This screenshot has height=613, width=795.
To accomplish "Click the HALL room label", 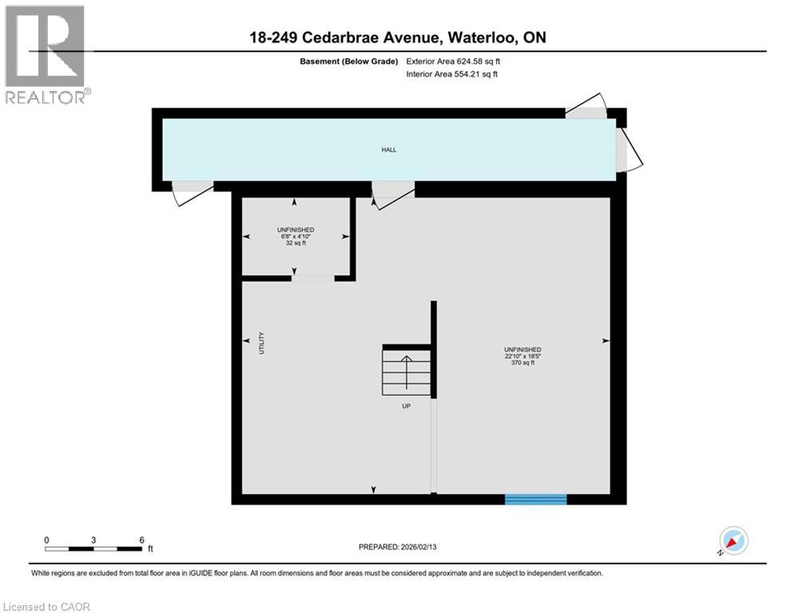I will [388, 149].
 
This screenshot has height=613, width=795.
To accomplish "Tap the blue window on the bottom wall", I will [535, 500].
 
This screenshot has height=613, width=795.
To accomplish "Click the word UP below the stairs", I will [407, 406].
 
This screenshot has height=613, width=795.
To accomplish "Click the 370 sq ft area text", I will [523, 363].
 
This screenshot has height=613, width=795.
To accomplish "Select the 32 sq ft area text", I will [296, 243].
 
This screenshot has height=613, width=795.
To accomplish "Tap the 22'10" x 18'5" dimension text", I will [523, 356].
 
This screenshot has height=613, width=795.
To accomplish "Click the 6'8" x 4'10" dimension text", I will [296, 236].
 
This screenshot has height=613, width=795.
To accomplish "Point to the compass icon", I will [733, 541].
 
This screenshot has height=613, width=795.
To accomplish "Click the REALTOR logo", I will [46, 54].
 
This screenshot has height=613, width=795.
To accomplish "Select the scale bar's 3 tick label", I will [93, 540].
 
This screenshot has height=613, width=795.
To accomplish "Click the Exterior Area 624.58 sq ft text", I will [454, 61].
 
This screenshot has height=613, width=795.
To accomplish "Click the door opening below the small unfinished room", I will [312, 278].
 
